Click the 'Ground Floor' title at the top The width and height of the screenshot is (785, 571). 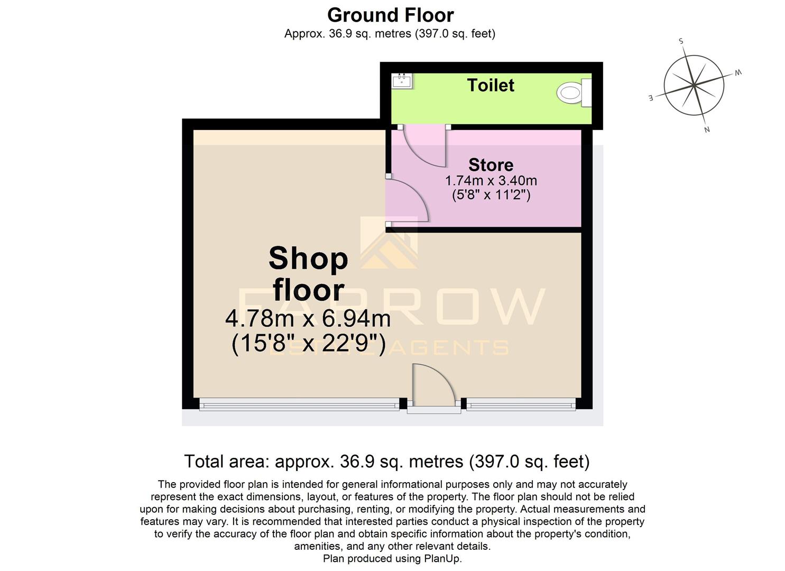390,15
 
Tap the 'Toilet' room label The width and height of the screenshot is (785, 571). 491,85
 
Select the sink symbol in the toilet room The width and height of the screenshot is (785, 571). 402,81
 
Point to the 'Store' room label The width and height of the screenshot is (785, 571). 491,165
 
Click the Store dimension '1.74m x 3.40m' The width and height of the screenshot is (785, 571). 491,181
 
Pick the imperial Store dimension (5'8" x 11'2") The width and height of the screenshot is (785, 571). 491,195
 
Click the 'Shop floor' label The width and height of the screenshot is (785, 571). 308,274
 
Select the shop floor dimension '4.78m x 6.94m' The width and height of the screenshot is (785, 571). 308,319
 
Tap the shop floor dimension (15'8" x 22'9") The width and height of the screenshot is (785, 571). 308,344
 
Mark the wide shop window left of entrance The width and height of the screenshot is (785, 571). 299,406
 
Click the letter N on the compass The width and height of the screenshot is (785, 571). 707,130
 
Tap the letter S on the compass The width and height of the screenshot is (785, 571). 681,41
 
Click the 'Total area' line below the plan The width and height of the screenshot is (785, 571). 386,462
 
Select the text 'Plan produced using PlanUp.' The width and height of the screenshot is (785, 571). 392,558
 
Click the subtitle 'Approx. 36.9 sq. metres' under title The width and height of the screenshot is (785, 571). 390,34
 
